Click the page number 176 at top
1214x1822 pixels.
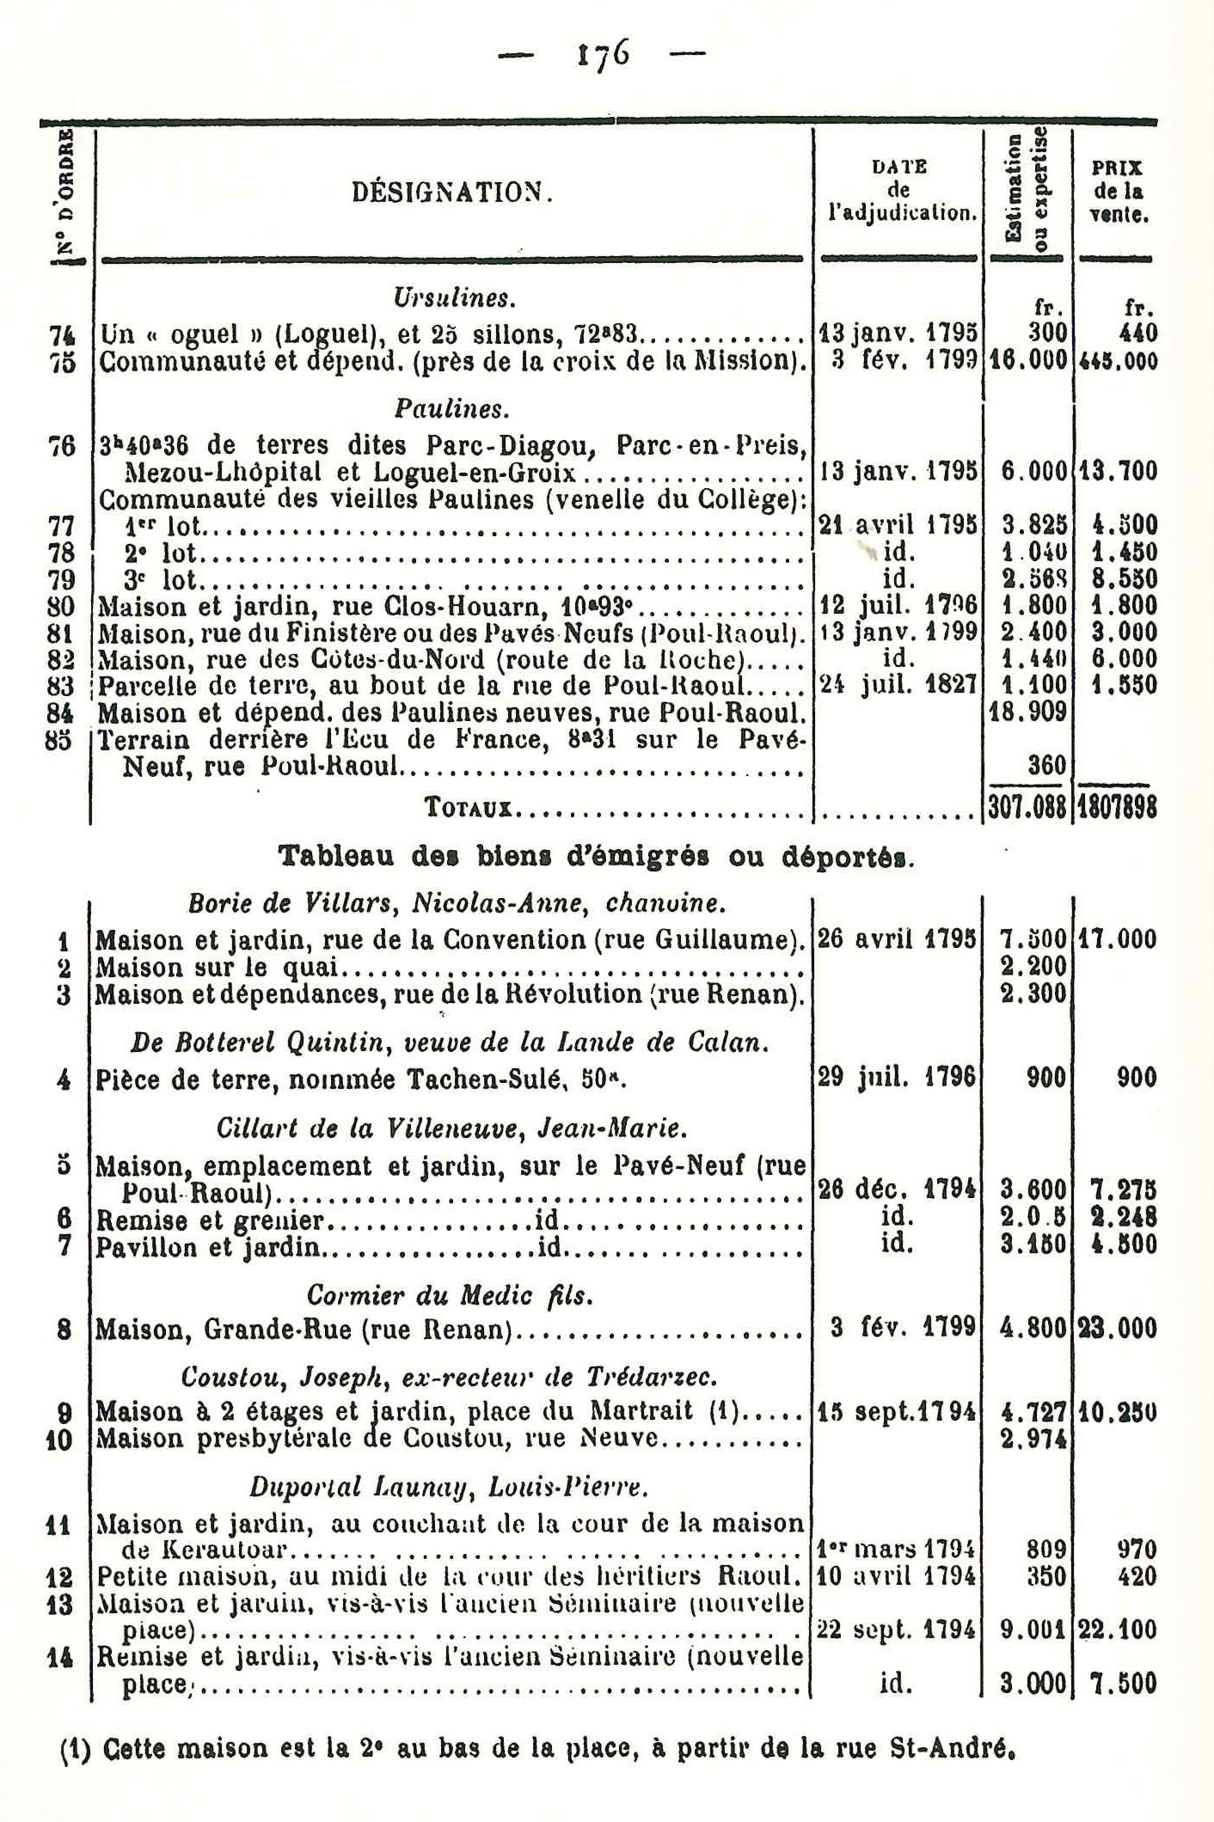coord(601,58)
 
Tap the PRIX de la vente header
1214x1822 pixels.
coord(1117,191)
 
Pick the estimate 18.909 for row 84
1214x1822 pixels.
coord(1028,712)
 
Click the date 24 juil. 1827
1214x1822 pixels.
coord(898,685)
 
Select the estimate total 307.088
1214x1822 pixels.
coord(1027,808)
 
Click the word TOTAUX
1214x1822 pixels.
coord(469,808)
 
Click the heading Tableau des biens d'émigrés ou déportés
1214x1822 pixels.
coord(598,857)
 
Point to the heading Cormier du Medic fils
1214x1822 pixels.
coord(450,1295)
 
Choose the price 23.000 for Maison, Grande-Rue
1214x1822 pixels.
coord(1117,1330)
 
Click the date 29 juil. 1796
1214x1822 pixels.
coord(897,1077)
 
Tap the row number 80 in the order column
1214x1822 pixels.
coord(60,606)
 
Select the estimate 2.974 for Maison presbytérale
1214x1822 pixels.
coord(1033,1439)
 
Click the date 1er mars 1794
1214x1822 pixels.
coord(897,1550)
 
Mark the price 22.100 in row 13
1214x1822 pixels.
coord(1117,1629)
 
